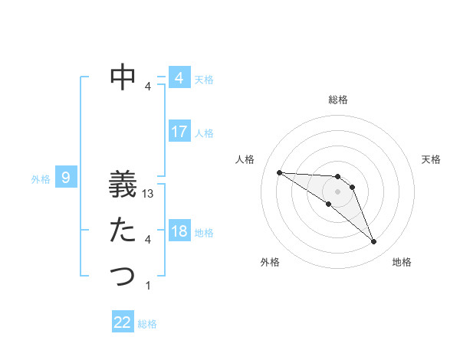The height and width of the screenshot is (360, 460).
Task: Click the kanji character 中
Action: click(123, 77)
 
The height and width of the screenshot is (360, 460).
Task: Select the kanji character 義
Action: click(123, 185)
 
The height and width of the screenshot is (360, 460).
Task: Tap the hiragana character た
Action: click(123, 230)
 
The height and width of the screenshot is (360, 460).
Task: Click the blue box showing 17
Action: click(179, 131)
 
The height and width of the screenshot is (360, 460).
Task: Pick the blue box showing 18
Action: click(179, 231)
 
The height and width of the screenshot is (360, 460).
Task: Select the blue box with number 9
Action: click(66, 178)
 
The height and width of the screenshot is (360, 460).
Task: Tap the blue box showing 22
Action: click(123, 322)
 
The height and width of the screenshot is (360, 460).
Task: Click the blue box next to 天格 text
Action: click(179, 77)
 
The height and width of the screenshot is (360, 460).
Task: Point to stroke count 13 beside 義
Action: click(149, 195)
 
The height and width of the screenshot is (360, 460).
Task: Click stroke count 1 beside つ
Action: click(148, 286)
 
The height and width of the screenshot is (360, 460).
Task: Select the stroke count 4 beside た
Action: click(148, 240)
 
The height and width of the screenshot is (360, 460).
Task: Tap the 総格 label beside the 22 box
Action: click(147, 324)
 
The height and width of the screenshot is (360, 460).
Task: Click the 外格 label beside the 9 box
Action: click(41, 179)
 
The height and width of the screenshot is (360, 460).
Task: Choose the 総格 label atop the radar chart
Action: click(337, 100)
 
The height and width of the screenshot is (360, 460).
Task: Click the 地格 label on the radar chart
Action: click(402, 262)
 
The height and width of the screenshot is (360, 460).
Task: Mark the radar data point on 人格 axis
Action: click(279, 172)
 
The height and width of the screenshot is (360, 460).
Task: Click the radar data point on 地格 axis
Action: click(374, 242)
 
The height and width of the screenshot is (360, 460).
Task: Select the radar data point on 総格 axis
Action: click(337, 177)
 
